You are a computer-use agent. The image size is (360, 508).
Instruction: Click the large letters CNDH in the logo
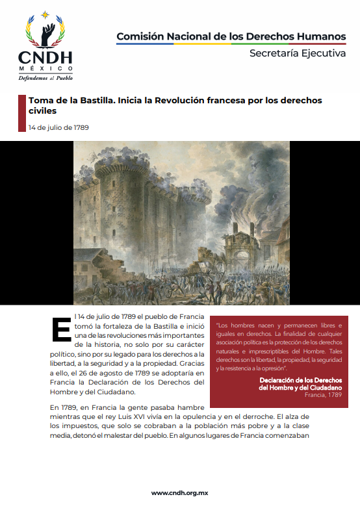point(45,57)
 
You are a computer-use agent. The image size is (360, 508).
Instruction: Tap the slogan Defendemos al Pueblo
point(45,77)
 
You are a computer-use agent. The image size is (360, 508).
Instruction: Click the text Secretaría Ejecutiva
point(298,53)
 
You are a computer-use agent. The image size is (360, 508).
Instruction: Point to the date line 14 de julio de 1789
point(58,127)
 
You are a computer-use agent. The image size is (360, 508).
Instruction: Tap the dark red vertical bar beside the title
point(21,112)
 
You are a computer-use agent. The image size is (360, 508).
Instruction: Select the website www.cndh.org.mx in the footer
point(180,492)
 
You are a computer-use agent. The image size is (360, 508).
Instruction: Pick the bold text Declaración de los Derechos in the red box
point(300,379)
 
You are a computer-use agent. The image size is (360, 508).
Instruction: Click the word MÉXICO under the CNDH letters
point(45,69)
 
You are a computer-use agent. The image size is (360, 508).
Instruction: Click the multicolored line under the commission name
point(231,44)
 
